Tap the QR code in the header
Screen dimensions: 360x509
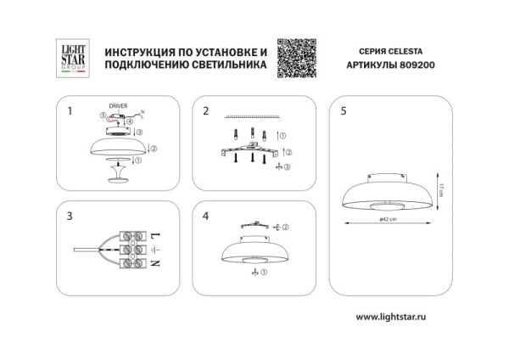[x=297, y=58]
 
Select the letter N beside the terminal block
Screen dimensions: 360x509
[x=153, y=266]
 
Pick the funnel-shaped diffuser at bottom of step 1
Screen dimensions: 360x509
[x=118, y=176]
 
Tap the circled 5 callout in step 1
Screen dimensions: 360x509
[x=102, y=115]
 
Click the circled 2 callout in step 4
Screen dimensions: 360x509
[x=285, y=227]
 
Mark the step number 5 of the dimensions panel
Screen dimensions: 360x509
[x=343, y=110]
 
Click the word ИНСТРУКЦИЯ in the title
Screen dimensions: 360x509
[x=138, y=52]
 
